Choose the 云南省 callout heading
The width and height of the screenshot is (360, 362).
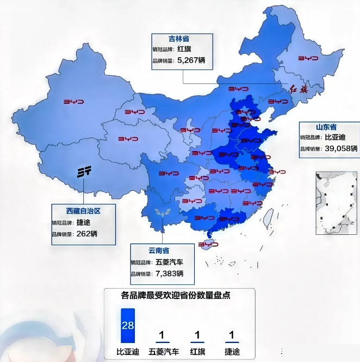click(159, 251)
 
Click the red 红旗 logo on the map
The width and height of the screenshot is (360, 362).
click(299, 90)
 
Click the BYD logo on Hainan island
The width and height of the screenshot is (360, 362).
click(208, 245)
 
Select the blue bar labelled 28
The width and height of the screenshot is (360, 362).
click(128, 326)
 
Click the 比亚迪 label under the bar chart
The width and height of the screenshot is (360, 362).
click(128, 351)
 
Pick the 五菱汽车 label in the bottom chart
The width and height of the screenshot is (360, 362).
click(163, 351)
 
